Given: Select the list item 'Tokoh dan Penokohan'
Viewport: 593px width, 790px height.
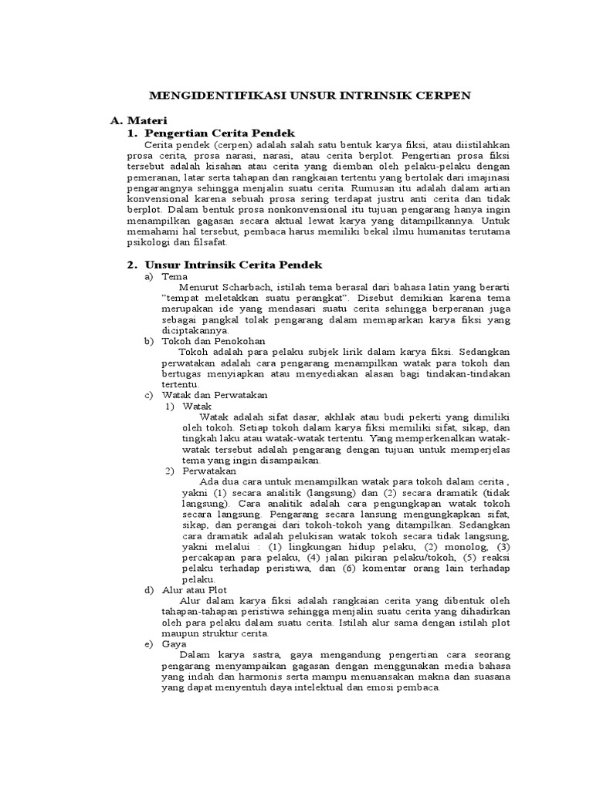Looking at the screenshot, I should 213,341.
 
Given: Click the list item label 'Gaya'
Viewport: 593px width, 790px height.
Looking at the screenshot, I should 175,643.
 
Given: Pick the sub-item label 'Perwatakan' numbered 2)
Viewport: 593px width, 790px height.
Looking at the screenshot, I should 209,471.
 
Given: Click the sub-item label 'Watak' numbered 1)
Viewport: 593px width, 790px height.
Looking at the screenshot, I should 197,406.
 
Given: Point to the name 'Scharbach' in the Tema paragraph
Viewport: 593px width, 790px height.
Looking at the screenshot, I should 263,287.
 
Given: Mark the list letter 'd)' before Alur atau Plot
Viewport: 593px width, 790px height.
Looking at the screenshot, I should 149,590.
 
